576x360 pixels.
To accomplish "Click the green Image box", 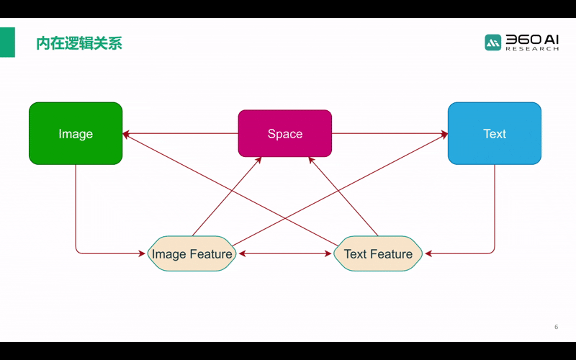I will point(76,133).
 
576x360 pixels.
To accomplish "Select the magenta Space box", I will point(284,133).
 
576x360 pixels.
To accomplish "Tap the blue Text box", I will point(494,133).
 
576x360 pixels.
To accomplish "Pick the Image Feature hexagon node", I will point(192,253).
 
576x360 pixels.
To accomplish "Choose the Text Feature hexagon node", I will point(378,253).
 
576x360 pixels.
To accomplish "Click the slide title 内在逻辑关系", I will point(79,43).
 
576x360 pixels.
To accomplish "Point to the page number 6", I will point(556,327).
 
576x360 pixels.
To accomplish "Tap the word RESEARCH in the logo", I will point(532,49).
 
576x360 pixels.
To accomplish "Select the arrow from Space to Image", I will point(180,133).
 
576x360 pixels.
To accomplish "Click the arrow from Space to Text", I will point(389,133).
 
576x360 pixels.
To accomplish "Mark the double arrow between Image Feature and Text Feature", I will point(285,253).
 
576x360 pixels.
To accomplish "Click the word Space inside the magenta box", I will point(284,134).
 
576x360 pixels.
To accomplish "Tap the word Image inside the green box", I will point(76,134).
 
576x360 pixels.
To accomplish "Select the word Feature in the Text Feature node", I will point(392,254).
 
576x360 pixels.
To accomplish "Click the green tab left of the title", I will point(7,42).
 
